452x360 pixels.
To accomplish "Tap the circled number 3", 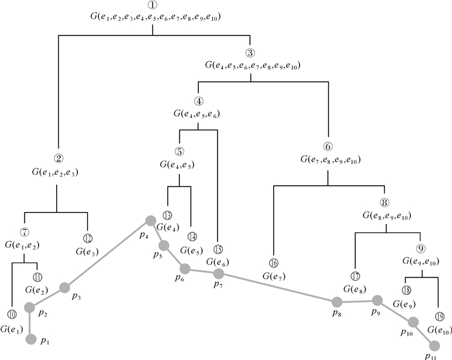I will (x=252, y=54).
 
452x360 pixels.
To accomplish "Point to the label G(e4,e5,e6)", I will (x=197, y=114).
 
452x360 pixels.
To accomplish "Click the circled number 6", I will (x=330, y=145).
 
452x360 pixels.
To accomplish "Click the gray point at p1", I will (x=30, y=339).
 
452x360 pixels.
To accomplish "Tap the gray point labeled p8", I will (x=336, y=302).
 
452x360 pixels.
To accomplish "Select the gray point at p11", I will (x=434, y=345).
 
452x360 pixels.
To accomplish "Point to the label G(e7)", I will (x=275, y=275).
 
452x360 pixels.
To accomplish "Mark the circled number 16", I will (x=274, y=263).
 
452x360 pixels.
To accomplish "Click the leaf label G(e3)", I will (x=87, y=250).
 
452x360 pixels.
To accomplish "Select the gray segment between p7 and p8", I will (x=278, y=288).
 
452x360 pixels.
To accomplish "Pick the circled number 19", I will (x=439, y=317).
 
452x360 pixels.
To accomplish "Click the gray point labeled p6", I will (x=185, y=268).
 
